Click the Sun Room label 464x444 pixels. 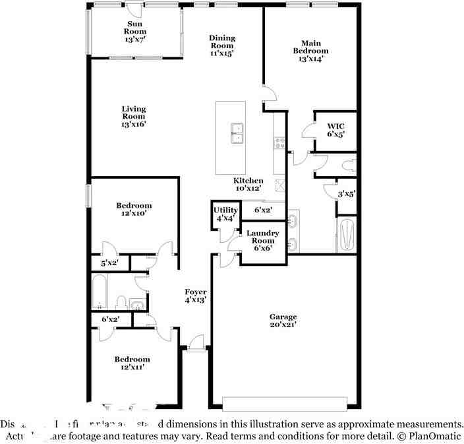(x=135, y=31)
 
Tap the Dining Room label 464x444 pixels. (x=222, y=46)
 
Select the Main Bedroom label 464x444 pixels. (x=310, y=51)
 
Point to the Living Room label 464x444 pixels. (x=133, y=116)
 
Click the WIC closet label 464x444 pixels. (x=335, y=129)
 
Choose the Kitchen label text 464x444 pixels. (x=249, y=185)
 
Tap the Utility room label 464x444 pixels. (x=225, y=214)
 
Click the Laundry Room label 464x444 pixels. (x=262, y=241)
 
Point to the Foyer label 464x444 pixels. (x=195, y=296)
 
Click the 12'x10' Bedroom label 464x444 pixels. (x=134, y=209)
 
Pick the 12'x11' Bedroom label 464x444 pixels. (x=132, y=364)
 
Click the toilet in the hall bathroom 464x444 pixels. (x=121, y=303)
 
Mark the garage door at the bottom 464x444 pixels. (x=285, y=403)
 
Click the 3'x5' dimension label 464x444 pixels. (x=347, y=194)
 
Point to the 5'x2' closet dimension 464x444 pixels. (x=109, y=263)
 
